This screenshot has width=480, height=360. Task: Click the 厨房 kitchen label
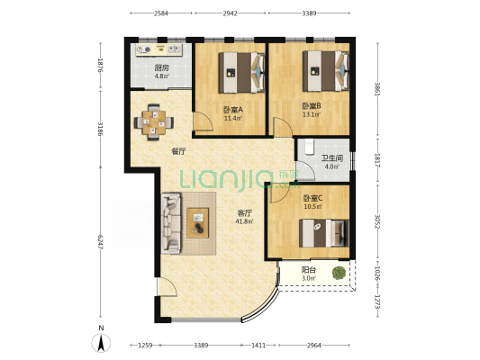pyautogui.click(x=161, y=67)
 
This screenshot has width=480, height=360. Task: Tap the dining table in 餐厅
pyautogui.click(x=154, y=122)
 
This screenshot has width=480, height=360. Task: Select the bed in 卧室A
pyautogui.click(x=241, y=73)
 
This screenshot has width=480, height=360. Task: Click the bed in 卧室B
pyautogui.click(x=326, y=71)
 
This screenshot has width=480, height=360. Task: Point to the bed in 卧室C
pyautogui.click(x=324, y=233)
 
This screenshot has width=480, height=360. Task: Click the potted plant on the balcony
pyautogui.click(x=339, y=273)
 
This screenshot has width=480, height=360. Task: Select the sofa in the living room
pyautogui.click(x=171, y=223)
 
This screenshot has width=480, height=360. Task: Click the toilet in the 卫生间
pyautogui.click(x=309, y=147)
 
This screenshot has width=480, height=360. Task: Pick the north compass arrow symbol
pyautogui.click(x=101, y=343)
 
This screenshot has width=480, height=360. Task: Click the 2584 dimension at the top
pyautogui.click(x=161, y=13)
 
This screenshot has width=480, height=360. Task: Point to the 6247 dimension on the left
pyautogui.click(x=100, y=242)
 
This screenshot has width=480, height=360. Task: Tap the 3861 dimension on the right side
pyautogui.click(x=377, y=89)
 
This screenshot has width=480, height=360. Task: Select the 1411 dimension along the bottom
pyautogui.click(x=258, y=346)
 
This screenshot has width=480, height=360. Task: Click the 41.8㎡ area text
pyautogui.click(x=244, y=221)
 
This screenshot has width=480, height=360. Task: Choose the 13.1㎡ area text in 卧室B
pyautogui.click(x=312, y=114)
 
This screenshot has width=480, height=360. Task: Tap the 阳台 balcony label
pyautogui.click(x=309, y=270)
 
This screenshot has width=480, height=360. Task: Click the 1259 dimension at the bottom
pyautogui.click(x=145, y=346)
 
